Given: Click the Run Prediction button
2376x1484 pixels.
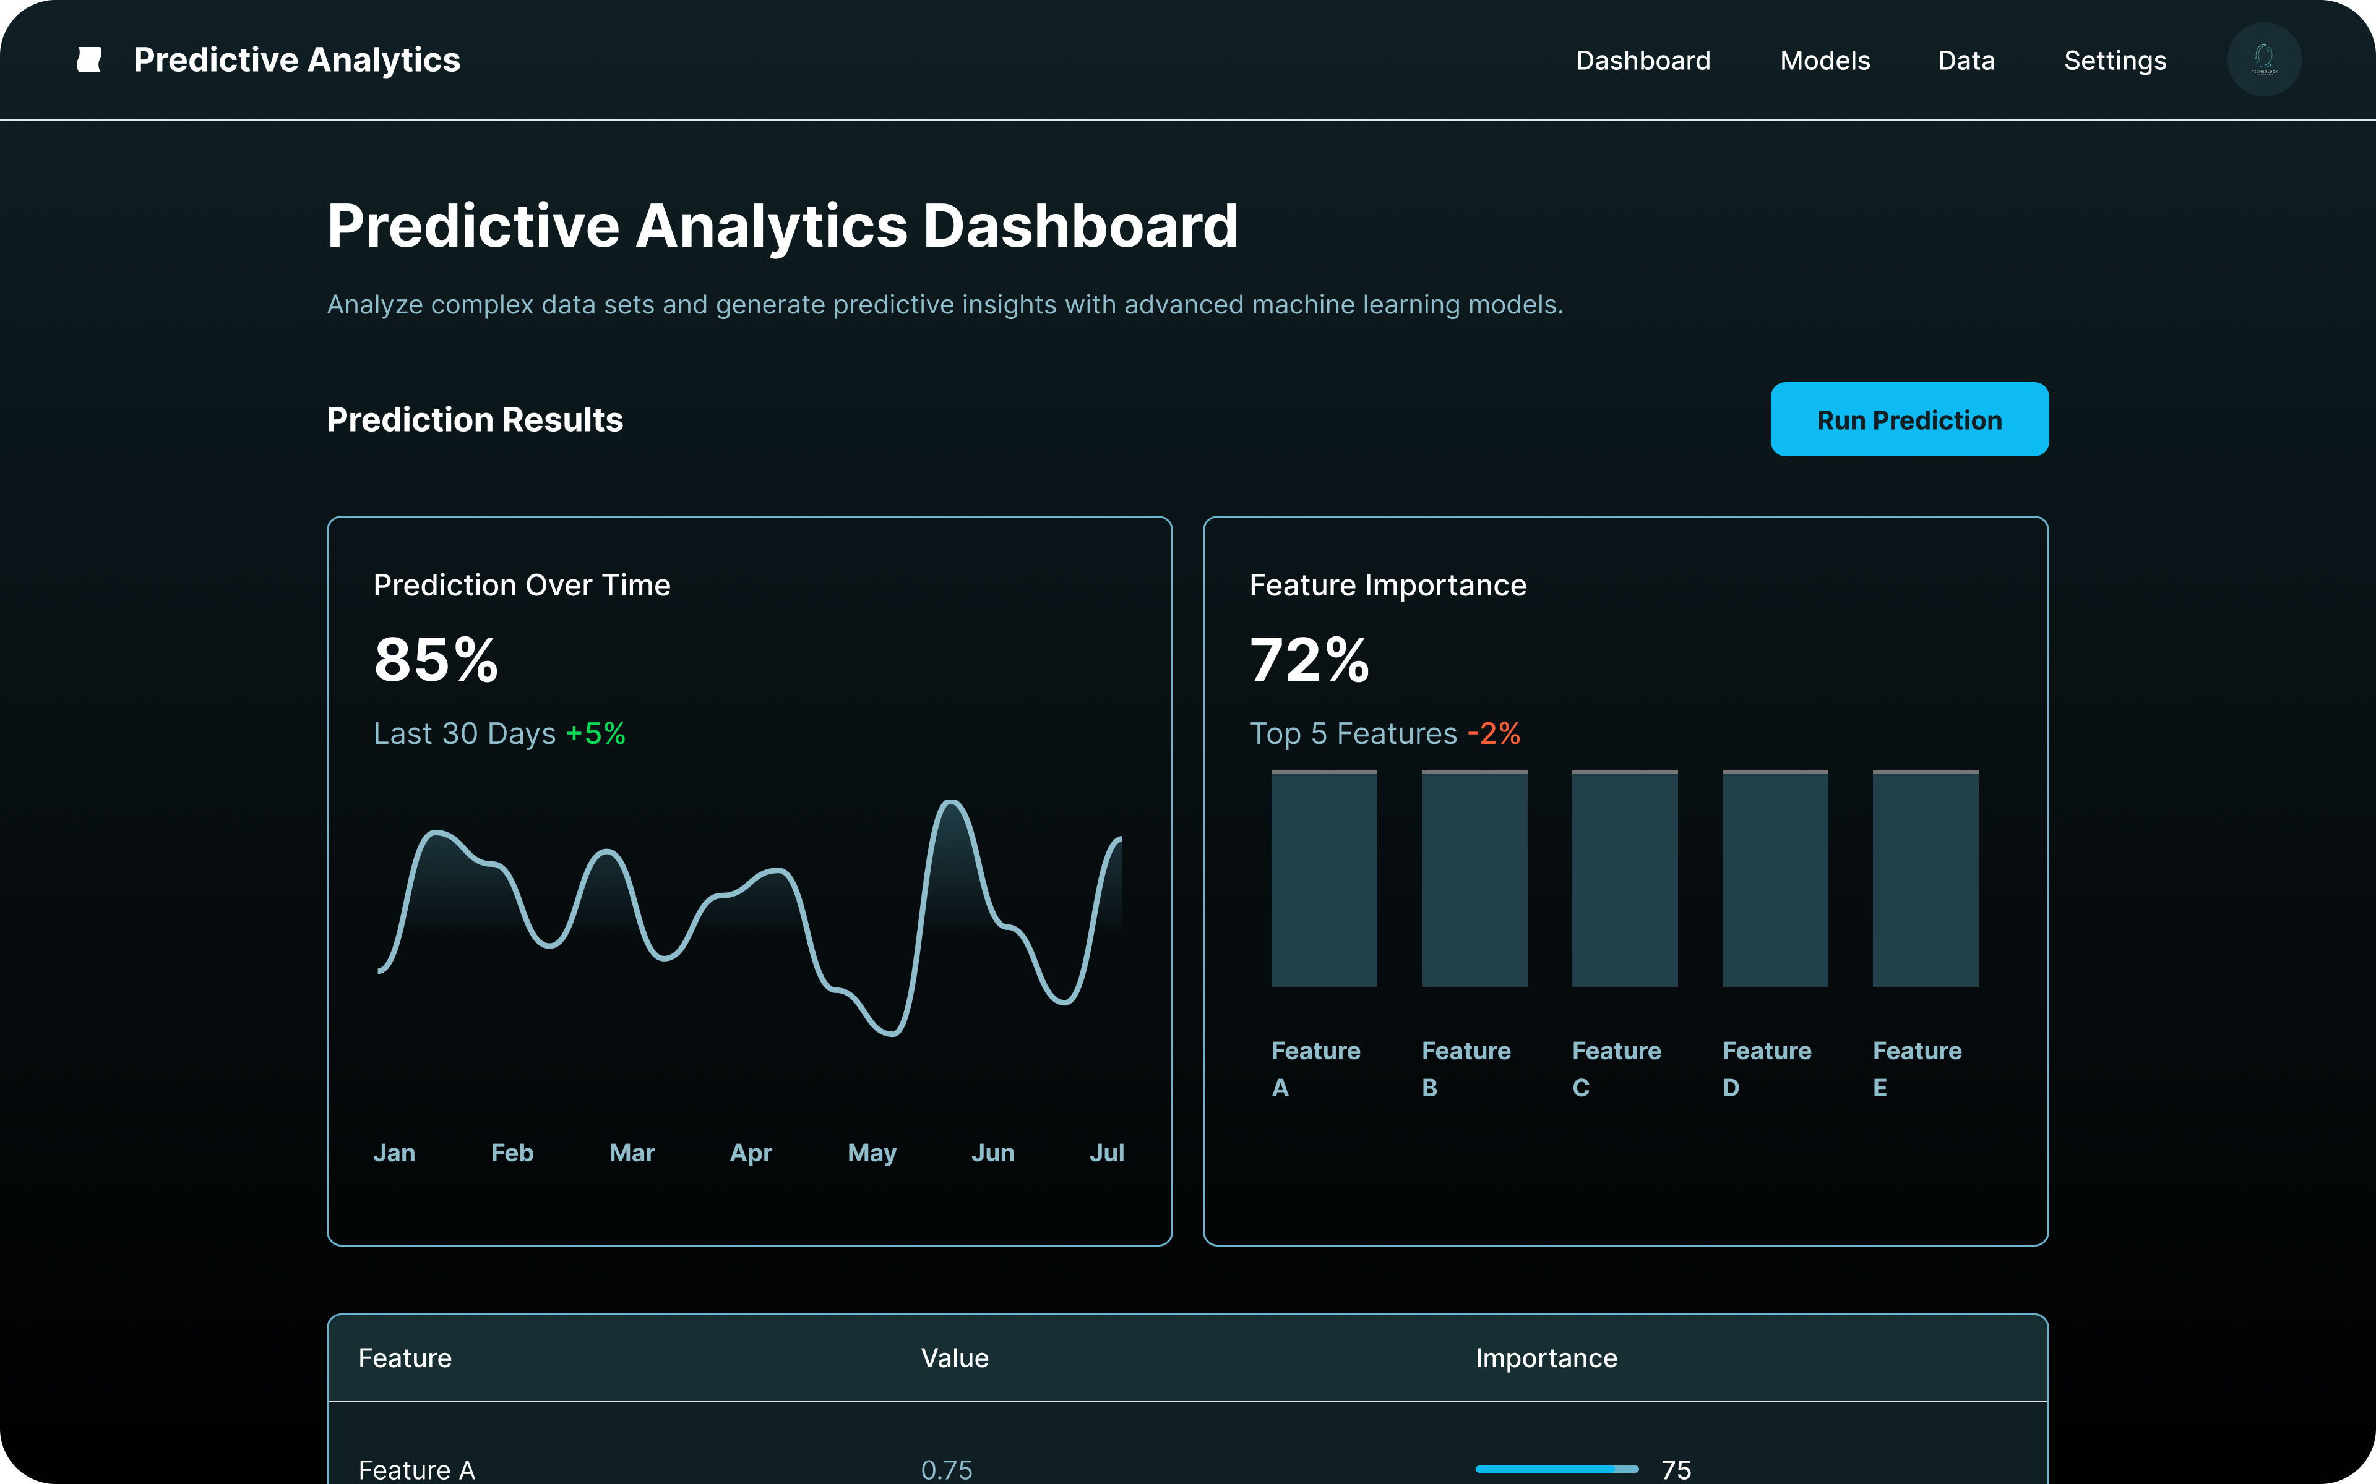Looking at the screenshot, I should coord(1909,419).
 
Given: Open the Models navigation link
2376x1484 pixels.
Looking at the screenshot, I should coord(1824,61).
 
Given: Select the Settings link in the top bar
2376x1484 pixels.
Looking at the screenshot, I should coord(2115,61).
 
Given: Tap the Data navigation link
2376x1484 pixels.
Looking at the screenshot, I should coord(1966,61).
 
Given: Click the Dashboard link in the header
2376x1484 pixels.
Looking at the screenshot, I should coord(1643,61).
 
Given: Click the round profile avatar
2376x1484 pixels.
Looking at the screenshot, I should coord(2263,60).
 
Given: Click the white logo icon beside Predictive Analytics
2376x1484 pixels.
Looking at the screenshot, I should coord(89,60).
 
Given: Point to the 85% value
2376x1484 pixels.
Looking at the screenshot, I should coord(436,660).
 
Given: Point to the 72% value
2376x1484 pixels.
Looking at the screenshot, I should coord(1309,660).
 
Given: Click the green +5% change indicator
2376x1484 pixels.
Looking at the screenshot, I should coord(596,733).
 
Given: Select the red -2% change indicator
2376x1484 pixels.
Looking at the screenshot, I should coord(1493,733).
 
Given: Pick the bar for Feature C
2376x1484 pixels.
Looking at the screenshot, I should coord(1624,879).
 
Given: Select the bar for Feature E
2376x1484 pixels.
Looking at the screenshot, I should coord(1924,879).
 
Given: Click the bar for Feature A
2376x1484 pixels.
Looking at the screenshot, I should coord(1324,879).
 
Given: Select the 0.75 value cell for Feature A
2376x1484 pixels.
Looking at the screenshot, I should coord(947,1469).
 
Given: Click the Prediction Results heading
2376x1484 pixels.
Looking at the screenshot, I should coord(474,419).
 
